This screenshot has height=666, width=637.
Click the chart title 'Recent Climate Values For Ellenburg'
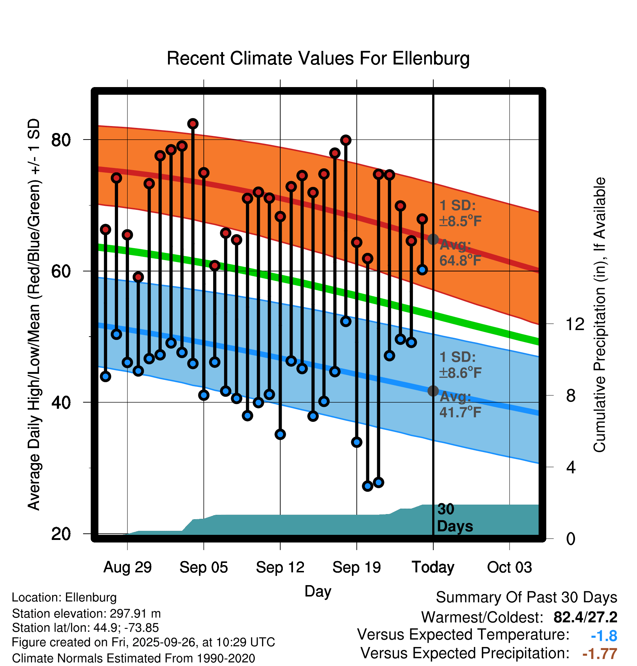[318, 58]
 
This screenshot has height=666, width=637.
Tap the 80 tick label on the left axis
[61, 140]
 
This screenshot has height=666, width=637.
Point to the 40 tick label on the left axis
[61, 403]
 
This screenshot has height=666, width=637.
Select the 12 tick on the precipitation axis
[575, 324]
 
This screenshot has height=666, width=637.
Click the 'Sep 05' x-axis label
[203, 567]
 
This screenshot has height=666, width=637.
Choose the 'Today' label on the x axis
[433, 567]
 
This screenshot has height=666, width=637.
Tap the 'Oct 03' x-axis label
[509, 567]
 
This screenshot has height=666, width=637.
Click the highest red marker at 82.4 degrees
[193, 124]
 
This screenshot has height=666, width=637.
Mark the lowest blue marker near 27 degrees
[367, 486]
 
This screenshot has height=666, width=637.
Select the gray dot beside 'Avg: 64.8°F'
[433, 239]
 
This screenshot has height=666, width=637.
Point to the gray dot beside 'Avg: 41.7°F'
[433, 391]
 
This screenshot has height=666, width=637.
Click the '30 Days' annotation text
[454, 518]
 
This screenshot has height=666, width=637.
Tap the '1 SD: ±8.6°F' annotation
[460, 365]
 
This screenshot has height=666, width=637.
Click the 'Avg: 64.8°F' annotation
[460, 252]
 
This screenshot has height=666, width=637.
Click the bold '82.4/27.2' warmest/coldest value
[585, 617]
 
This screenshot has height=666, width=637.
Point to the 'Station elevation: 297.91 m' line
[86, 614]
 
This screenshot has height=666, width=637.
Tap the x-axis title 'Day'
[318, 591]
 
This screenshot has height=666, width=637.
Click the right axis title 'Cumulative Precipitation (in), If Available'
[599, 315]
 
